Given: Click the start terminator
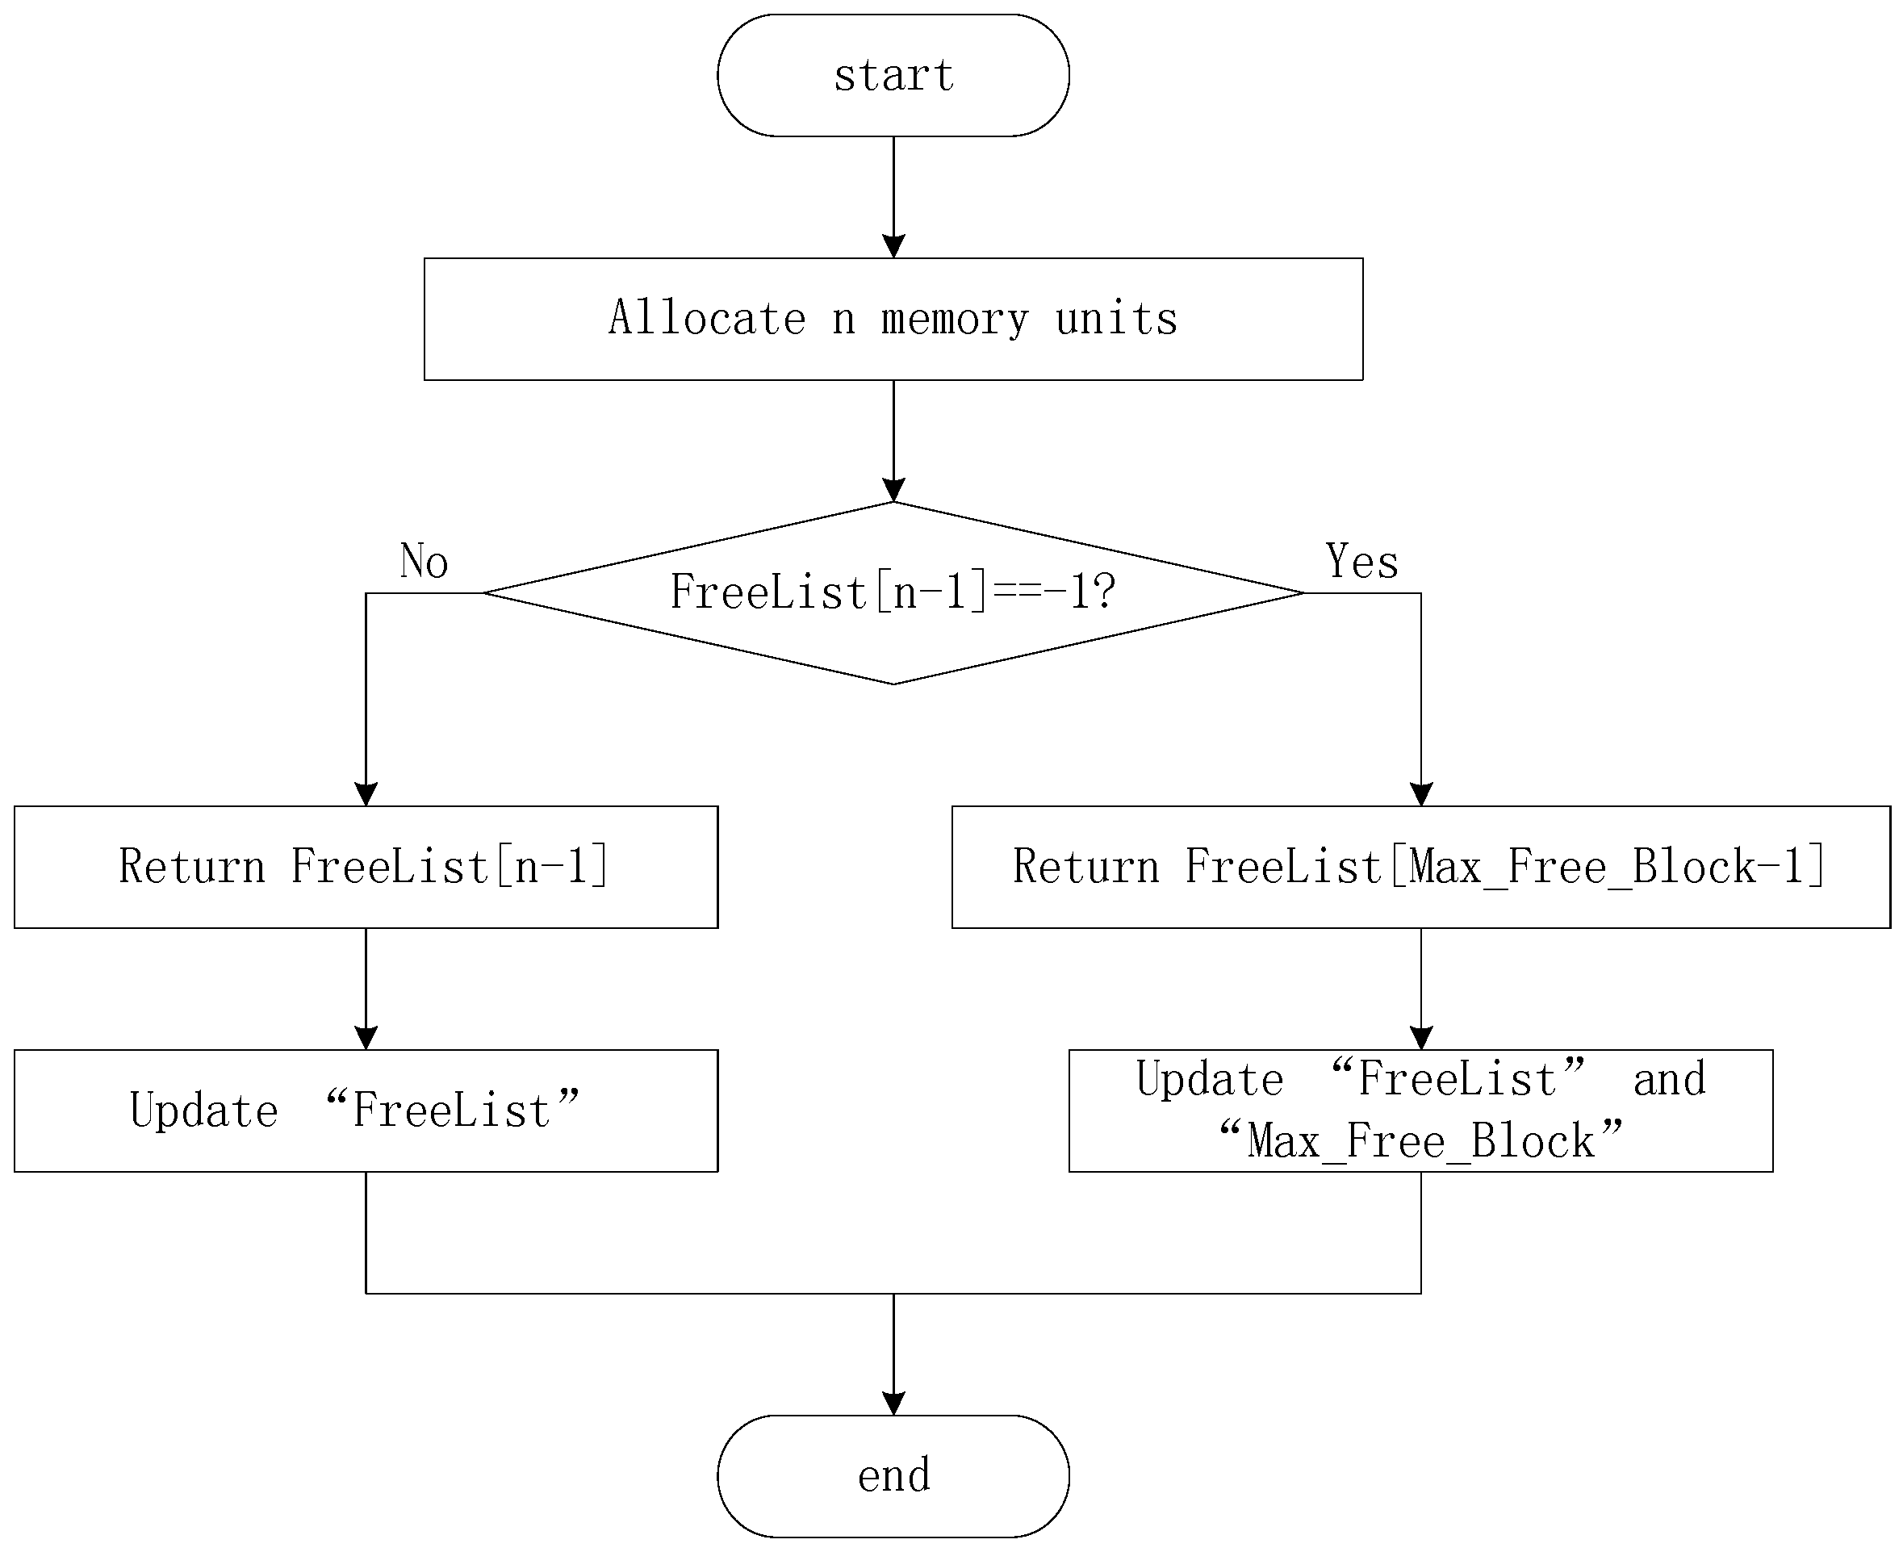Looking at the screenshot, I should coord(892,75).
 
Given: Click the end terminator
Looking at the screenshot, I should coord(892,1475).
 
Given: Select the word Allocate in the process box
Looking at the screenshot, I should coord(707,318).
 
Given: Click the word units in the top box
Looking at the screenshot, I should coord(1116,318).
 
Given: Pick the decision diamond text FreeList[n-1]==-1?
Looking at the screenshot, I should coord(892,592).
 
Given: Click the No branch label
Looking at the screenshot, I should coord(424,562).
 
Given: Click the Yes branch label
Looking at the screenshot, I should coord(1361,562).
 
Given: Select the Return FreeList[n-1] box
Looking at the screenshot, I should coord(366,866).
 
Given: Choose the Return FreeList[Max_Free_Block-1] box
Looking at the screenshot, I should coord(1420,866).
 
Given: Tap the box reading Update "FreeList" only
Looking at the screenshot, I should coord(366,1111).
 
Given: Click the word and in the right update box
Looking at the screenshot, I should coord(1669,1079).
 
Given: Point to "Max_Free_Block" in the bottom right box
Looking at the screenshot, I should coord(1420,1140).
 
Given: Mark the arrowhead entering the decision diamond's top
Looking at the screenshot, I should coord(893,490).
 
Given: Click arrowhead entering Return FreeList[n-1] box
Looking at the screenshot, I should coord(366,794).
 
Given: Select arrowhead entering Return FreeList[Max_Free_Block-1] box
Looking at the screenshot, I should coord(1420,794).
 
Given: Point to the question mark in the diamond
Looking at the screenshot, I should coord(1106,592).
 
